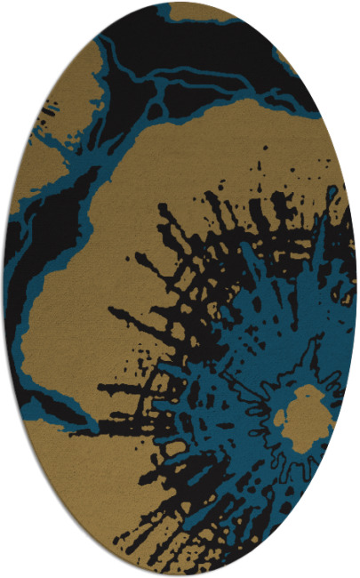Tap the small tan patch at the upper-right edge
point(290,62)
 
